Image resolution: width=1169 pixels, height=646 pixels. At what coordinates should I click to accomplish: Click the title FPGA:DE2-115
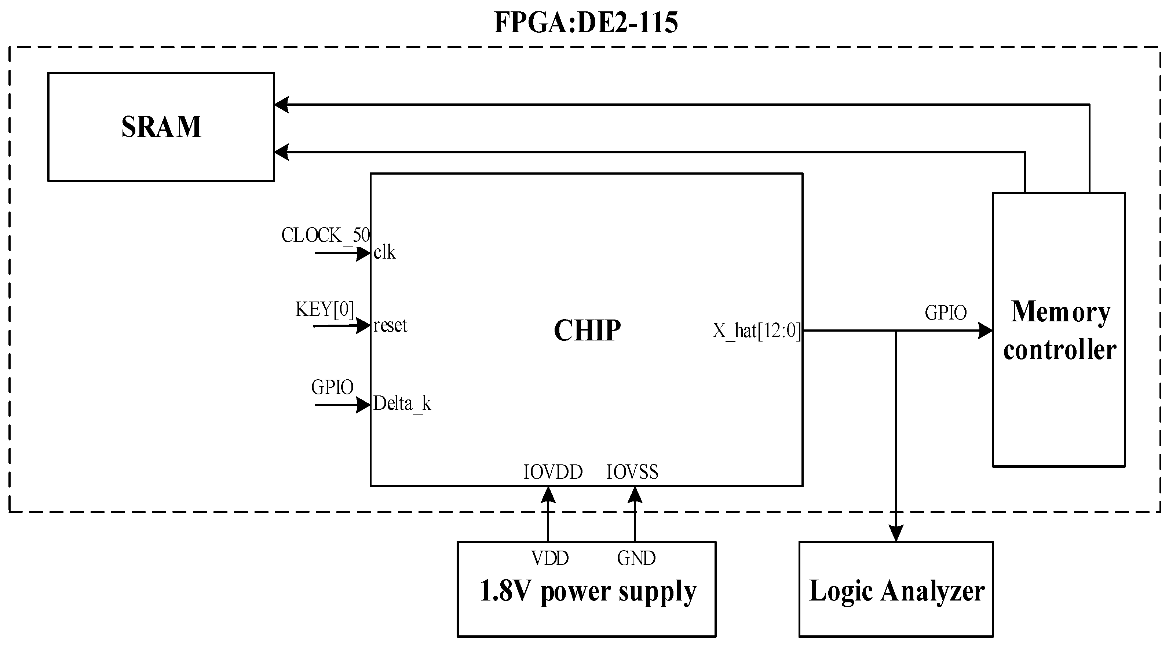coord(585,22)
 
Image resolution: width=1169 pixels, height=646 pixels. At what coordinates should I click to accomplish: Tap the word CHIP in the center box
coord(587,330)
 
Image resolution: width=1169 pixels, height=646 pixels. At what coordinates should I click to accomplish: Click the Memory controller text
coord(1059,331)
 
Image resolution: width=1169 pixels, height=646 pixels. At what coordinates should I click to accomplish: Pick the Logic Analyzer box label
coord(896,591)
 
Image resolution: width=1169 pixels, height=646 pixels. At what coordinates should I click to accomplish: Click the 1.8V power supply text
coord(587,591)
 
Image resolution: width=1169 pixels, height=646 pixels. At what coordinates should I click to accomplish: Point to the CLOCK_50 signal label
coord(325,235)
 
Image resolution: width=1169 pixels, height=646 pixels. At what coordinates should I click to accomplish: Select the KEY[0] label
coord(325,310)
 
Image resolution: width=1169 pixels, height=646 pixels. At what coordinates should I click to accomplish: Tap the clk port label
coord(384,252)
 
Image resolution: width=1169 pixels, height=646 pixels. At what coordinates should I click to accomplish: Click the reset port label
coord(390,325)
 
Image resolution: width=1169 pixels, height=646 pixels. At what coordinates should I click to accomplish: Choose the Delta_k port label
coord(402,404)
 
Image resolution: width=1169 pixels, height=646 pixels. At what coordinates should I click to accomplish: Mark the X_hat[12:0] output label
coord(756,331)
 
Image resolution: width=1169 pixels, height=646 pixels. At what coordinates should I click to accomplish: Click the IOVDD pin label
coord(553,472)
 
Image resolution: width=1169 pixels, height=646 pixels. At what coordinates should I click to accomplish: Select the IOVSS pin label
coord(632,472)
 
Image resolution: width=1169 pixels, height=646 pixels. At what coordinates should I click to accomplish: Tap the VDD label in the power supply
coord(550,558)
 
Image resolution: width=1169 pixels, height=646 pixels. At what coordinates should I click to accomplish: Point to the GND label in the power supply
coord(636,558)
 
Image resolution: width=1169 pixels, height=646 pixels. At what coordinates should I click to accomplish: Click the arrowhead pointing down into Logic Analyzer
coord(896,533)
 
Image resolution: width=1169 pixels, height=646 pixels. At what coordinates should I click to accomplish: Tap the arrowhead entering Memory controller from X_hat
coord(985,331)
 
